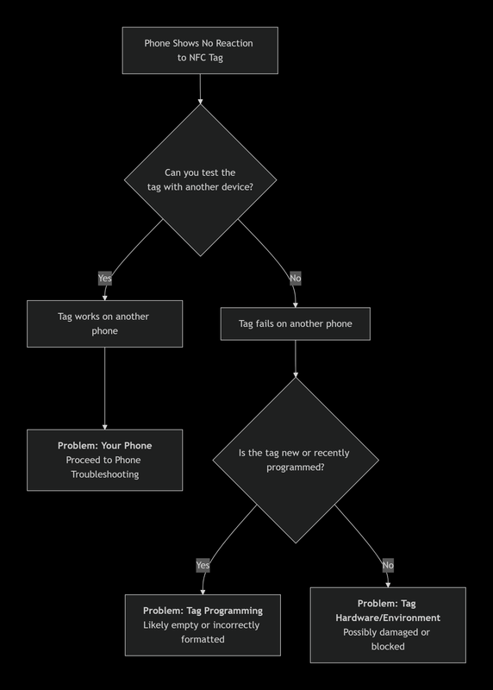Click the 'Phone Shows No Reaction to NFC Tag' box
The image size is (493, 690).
click(200, 50)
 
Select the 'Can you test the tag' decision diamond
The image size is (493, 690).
click(200, 180)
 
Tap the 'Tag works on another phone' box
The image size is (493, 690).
click(104, 323)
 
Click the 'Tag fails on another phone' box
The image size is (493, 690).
click(296, 324)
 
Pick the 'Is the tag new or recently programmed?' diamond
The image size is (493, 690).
click(296, 460)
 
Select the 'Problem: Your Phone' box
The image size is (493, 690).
click(104, 460)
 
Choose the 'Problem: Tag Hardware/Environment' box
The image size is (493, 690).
click(388, 624)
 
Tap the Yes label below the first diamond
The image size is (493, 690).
click(105, 279)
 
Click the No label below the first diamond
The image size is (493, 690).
click(296, 279)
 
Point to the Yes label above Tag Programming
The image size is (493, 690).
click(203, 566)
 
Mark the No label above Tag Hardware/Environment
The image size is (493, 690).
click(388, 566)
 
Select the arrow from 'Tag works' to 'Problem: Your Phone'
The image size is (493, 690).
click(104, 388)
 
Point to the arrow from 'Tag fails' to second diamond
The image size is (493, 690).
click(296, 359)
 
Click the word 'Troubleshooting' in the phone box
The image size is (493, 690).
click(104, 474)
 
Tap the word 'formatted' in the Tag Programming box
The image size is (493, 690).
click(203, 639)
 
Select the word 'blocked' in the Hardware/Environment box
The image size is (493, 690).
click(388, 646)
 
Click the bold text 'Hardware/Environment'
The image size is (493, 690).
click(388, 618)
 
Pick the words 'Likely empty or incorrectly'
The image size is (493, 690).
click(203, 624)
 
